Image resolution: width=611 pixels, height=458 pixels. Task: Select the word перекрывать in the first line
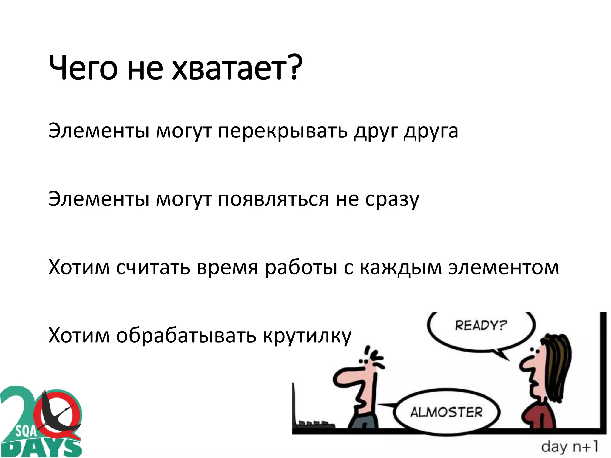(x=283, y=131)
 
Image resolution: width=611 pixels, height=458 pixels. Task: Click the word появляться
(x=273, y=199)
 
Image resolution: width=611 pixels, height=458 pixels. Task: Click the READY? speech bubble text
(x=481, y=325)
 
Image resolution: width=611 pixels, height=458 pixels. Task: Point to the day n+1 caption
(x=570, y=447)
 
